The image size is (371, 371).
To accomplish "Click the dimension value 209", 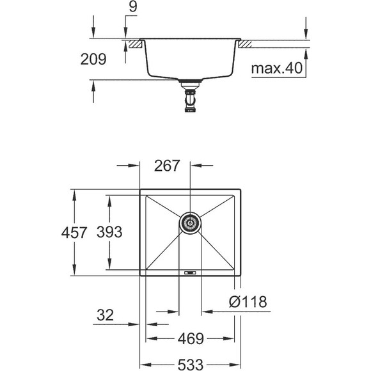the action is (93, 59).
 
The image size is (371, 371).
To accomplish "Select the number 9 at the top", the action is (133, 6).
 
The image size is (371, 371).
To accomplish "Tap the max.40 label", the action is (277, 68).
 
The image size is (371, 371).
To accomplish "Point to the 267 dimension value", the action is (167, 166).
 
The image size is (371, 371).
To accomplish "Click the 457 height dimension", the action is (74, 232).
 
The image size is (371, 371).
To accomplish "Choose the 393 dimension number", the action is (109, 232).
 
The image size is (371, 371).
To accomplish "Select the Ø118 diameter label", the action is (248, 302).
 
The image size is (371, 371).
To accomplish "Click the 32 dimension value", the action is (105, 315).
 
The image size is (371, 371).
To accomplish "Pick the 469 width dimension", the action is (191, 338).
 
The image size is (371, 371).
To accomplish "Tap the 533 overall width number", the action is (191, 365).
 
